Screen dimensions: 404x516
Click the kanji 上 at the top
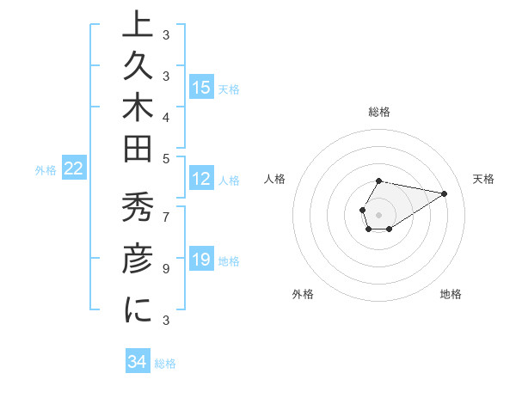click(x=137, y=26)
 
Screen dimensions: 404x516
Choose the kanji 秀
click(x=137, y=211)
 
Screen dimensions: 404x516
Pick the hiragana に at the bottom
click(x=137, y=310)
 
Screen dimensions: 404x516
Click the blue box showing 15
click(x=201, y=88)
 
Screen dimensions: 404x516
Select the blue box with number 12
click(x=201, y=180)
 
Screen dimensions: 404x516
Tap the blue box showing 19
click(x=201, y=260)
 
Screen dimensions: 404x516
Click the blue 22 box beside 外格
click(x=74, y=169)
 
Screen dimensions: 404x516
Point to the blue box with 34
click(x=138, y=362)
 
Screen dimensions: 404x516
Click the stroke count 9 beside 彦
click(x=166, y=269)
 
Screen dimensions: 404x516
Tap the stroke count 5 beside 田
click(x=166, y=158)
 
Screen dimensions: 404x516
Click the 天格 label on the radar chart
click(x=483, y=179)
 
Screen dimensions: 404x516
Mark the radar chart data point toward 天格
click(x=444, y=193)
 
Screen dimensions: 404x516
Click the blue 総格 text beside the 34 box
click(x=165, y=364)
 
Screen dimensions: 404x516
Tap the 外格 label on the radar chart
click(x=303, y=294)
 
